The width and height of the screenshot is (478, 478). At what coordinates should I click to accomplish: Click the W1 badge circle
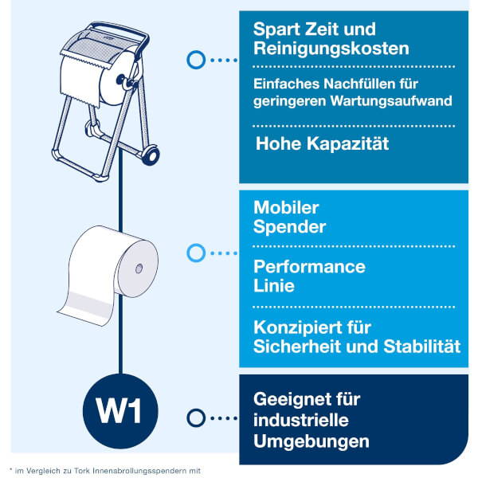(x=120, y=411)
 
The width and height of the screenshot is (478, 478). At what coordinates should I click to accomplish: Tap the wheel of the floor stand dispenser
(x=151, y=155)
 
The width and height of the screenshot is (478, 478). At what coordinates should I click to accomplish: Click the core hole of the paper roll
(x=139, y=268)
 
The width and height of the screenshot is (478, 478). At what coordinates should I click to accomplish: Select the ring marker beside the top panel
(x=196, y=60)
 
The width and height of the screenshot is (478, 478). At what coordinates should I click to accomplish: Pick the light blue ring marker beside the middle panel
(x=196, y=253)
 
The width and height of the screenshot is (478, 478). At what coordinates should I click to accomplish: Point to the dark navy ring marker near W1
(x=196, y=418)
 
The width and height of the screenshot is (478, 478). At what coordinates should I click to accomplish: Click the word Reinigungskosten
(x=331, y=49)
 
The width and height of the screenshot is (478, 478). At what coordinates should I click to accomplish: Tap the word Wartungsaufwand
(x=391, y=101)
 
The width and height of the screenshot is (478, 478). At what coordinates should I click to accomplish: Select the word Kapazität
(x=348, y=143)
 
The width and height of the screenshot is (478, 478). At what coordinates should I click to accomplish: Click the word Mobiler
(x=286, y=208)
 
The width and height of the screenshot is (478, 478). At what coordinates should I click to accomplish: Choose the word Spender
(x=290, y=227)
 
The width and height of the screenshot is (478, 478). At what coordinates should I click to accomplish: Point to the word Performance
(x=309, y=267)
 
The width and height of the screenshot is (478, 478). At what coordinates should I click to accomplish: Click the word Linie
(x=274, y=286)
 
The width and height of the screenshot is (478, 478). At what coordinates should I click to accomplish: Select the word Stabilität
(x=422, y=347)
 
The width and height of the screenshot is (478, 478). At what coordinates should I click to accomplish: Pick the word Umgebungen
(x=311, y=441)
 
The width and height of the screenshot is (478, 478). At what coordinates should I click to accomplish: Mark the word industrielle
(x=301, y=421)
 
